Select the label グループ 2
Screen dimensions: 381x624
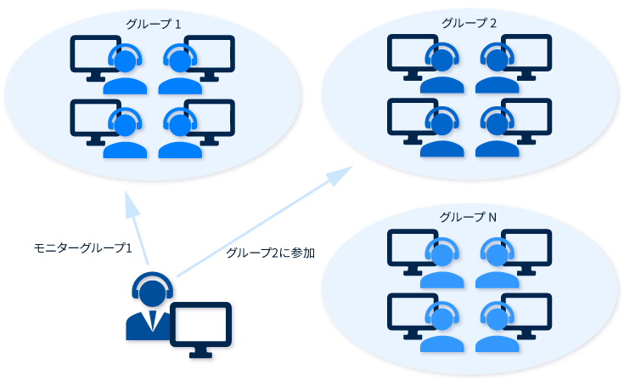pos(469,21)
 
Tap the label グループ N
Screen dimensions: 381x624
pos(469,217)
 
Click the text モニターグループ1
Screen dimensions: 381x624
pos(82,248)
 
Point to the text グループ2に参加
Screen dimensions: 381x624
pos(271,253)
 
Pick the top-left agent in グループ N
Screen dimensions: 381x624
pos(441,259)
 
